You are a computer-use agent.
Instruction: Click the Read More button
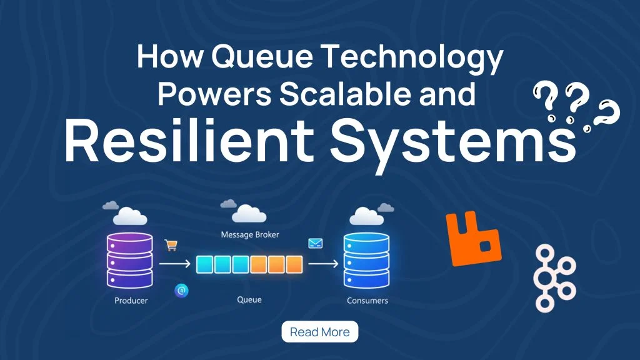(x=320, y=332)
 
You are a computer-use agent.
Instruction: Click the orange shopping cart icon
(x=170, y=246)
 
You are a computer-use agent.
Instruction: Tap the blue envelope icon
(x=314, y=244)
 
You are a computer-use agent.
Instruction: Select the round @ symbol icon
(x=181, y=290)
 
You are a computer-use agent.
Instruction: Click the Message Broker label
(x=250, y=235)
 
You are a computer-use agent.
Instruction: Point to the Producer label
(x=131, y=301)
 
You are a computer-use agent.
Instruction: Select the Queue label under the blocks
(x=249, y=300)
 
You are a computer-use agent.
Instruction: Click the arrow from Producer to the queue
(x=174, y=264)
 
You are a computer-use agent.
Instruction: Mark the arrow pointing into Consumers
(x=323, y=264)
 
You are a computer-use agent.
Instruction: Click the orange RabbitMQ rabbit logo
(x=473, y=237)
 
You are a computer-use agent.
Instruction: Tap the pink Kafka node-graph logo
(x=554, y=277)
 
